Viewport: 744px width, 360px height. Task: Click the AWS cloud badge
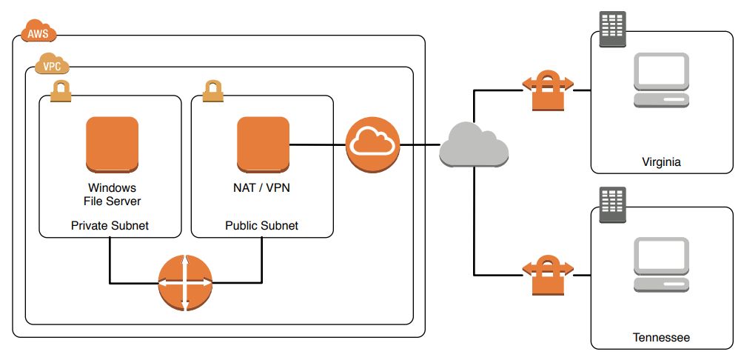[x=37, y=33]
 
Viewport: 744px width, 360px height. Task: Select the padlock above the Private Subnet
[x=61, y=91]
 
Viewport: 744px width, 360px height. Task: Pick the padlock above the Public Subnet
[x=213, y=91]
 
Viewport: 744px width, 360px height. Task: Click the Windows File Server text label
[x=112, y=194]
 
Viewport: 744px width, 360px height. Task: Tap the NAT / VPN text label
[x=261, y=187]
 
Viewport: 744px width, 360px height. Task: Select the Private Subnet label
[x=110, y=225]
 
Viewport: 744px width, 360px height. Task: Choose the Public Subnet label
[x=261, y=225]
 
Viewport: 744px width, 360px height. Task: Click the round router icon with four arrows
[x=185, y=283]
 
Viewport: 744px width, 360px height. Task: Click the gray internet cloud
[x=474, y=144]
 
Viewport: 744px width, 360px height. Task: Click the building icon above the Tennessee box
[x=611, y=207]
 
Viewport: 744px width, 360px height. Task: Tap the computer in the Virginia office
[x=662, y=81]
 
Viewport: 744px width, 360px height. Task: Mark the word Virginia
[x=661, y=161]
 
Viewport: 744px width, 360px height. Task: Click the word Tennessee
[x=661, y=338]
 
